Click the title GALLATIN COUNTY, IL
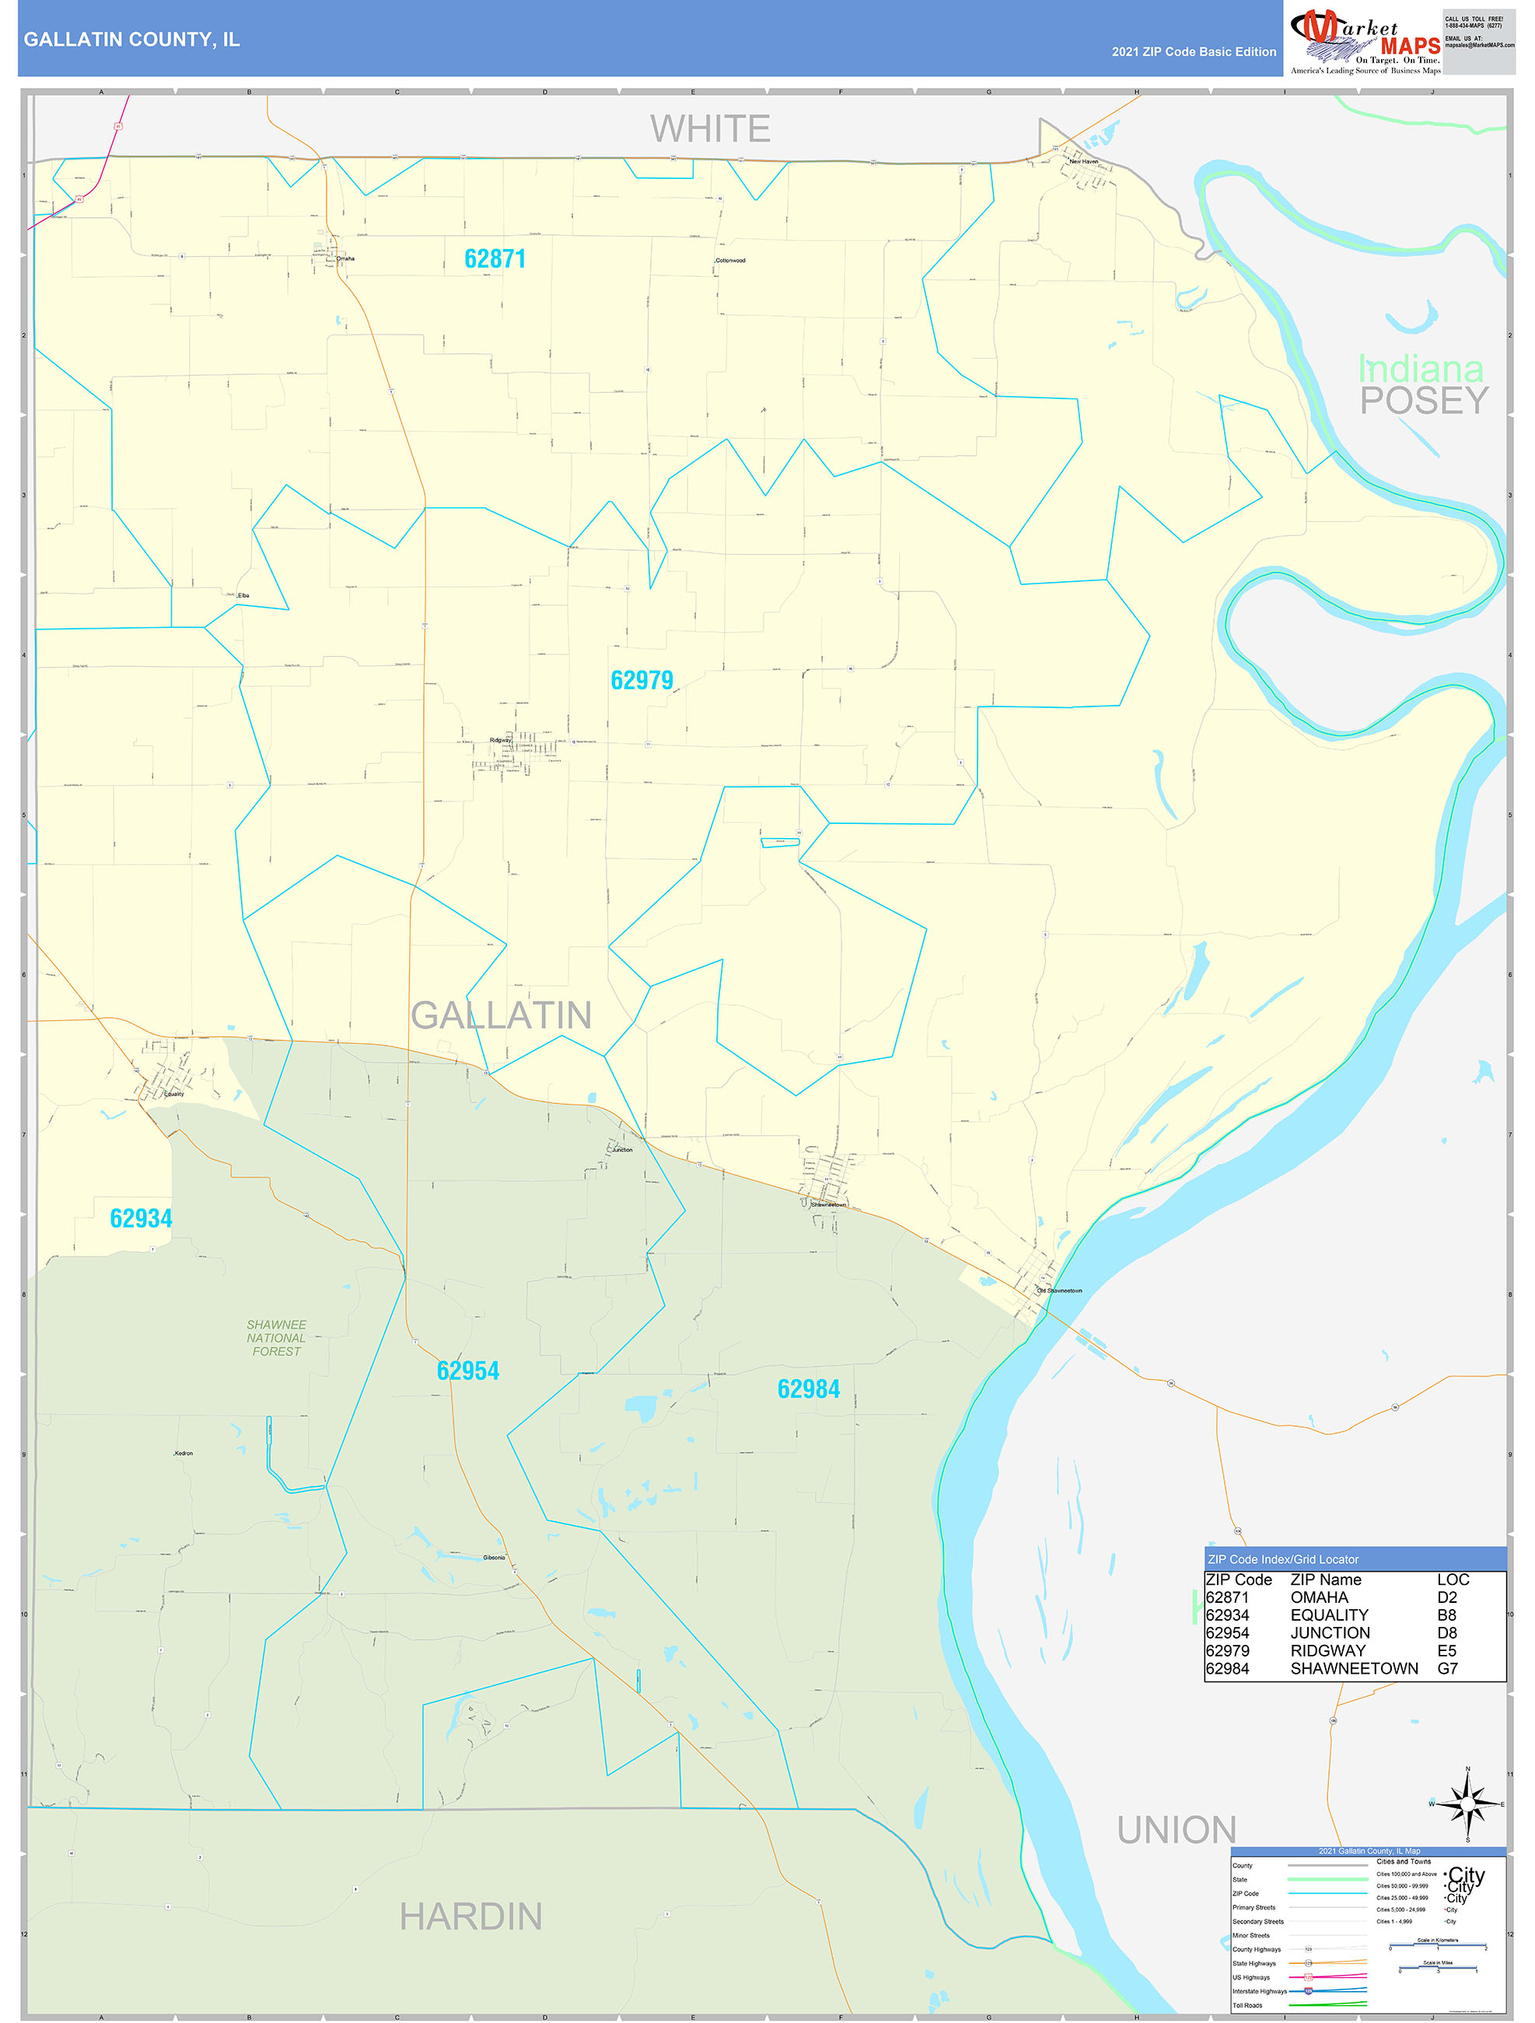click(131, 40)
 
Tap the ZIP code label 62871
click(495, 260)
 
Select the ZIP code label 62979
click(641, 681)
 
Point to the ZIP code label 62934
click(141, 1219)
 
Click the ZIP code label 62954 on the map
click(467, 1371)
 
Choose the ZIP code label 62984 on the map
click(808, 1389)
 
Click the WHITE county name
click(711, 129)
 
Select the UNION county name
click(1177, 1830)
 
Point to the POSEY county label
click(1424, 401)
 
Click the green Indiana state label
click(1421, 370)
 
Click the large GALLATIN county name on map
click(501, 1015)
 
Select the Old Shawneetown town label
click(1060, 1290)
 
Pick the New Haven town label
click(1083, 162)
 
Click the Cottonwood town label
click(730, 261)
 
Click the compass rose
click(1467, 1804)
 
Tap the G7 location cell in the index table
click(1447, 1668)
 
